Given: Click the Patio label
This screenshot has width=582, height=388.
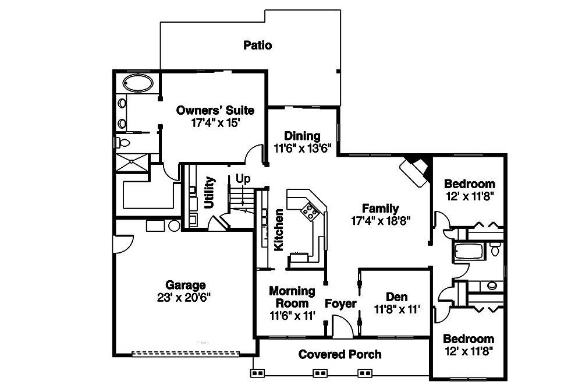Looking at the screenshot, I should coord(257,45).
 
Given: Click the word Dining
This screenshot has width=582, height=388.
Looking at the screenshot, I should coord(302,136).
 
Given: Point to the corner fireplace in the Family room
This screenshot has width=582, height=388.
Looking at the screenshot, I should coord(415,170).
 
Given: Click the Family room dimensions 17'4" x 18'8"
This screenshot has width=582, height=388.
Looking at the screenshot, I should coord(381,221).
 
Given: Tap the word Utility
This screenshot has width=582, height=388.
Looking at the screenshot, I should coord(209,193).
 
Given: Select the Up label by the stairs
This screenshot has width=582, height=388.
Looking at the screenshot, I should coord(243,178).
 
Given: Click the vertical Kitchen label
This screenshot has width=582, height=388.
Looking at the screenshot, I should coord(279,230).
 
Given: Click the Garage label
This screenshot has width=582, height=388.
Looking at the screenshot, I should coord(186,285).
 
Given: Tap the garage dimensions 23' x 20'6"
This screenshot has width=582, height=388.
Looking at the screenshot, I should coord(186,297).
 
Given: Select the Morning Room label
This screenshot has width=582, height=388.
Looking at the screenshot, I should coord(292,297).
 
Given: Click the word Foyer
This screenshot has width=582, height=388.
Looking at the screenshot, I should coord(340,304).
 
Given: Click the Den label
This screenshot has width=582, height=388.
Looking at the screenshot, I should coord(397,297).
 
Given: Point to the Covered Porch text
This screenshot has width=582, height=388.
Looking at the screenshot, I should coord(340,354).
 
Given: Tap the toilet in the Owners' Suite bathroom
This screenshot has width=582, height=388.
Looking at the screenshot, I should coord(123,142).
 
